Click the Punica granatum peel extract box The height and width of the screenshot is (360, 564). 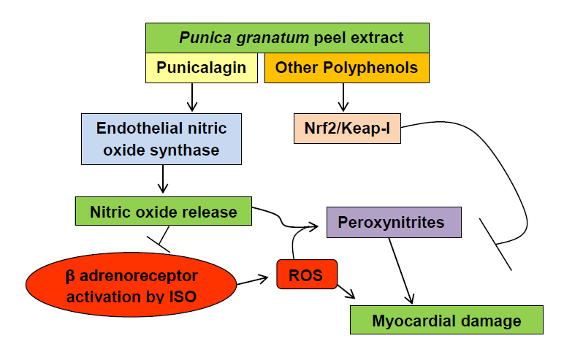(287, 38)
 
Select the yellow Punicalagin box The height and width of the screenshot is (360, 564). (202, 68)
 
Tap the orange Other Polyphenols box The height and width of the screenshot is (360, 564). (347, 68)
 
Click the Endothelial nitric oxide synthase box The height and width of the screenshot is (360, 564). (161, 139)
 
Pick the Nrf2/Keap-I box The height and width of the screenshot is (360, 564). (347, 129)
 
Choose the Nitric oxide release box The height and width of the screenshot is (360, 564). (164, 211)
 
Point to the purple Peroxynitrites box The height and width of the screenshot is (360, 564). (394, 222)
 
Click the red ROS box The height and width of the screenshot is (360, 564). (307, 274)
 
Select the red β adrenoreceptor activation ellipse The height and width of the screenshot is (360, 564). (132, 285)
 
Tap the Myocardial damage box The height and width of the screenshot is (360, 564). (446, 320)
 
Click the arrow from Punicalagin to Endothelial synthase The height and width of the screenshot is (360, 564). (192, 97)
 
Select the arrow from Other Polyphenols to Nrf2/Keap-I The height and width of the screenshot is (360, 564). (343, 97)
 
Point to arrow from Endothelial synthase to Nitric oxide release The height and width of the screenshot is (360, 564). (163, 179)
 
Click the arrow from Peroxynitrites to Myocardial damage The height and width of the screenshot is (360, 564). (400, 270)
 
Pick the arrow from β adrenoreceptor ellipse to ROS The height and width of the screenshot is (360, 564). (253, 281)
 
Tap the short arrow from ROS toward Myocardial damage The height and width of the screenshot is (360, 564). (346, 291)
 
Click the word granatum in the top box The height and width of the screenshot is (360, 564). (273, 38)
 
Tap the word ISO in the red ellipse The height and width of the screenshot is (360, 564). (183, 297)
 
